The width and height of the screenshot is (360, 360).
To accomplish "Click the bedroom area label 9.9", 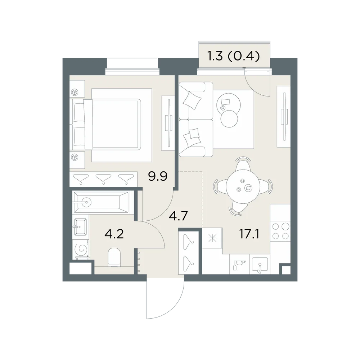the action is point(158,176).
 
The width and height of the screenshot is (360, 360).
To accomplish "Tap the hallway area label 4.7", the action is point(179,216).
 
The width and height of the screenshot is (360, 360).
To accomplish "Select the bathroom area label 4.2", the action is point(114,234).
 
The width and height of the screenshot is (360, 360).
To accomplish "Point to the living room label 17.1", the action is point(249,234).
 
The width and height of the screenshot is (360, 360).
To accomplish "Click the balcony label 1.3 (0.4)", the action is point(234,56).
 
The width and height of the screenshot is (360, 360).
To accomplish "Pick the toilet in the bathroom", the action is point(114,257).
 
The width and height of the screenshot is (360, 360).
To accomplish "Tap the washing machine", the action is point(81,249).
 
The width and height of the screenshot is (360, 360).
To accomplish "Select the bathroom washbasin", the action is point(80,226).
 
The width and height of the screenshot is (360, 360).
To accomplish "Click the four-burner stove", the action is point(280,231).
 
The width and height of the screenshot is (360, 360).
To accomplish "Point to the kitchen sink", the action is point(260,266).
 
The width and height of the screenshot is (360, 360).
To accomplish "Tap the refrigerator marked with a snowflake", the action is point(212,238).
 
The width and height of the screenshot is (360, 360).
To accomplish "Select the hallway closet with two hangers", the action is point(189,253).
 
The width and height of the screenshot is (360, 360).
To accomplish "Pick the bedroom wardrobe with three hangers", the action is point(104,179).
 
